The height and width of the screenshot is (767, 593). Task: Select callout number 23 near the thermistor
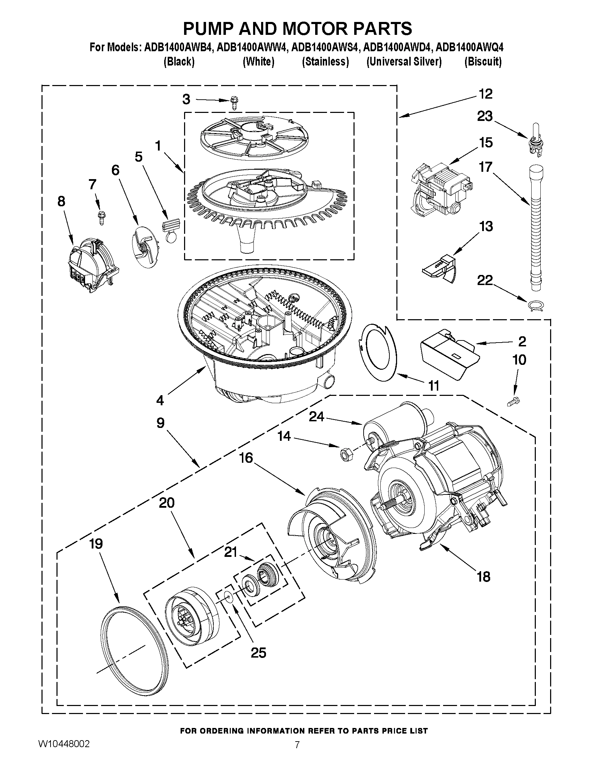pos(485,116)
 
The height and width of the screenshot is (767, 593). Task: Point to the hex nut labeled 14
pos(344,454)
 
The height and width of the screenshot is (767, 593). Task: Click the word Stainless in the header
pos(325,62)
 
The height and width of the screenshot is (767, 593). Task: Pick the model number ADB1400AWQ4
pos(470,47)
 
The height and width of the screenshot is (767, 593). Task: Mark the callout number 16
pos(246,458)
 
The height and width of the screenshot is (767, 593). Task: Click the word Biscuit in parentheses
pos(483,62)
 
